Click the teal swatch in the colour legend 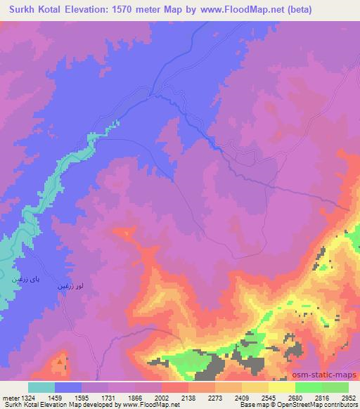point(41,387)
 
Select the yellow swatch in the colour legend point(282,387)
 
